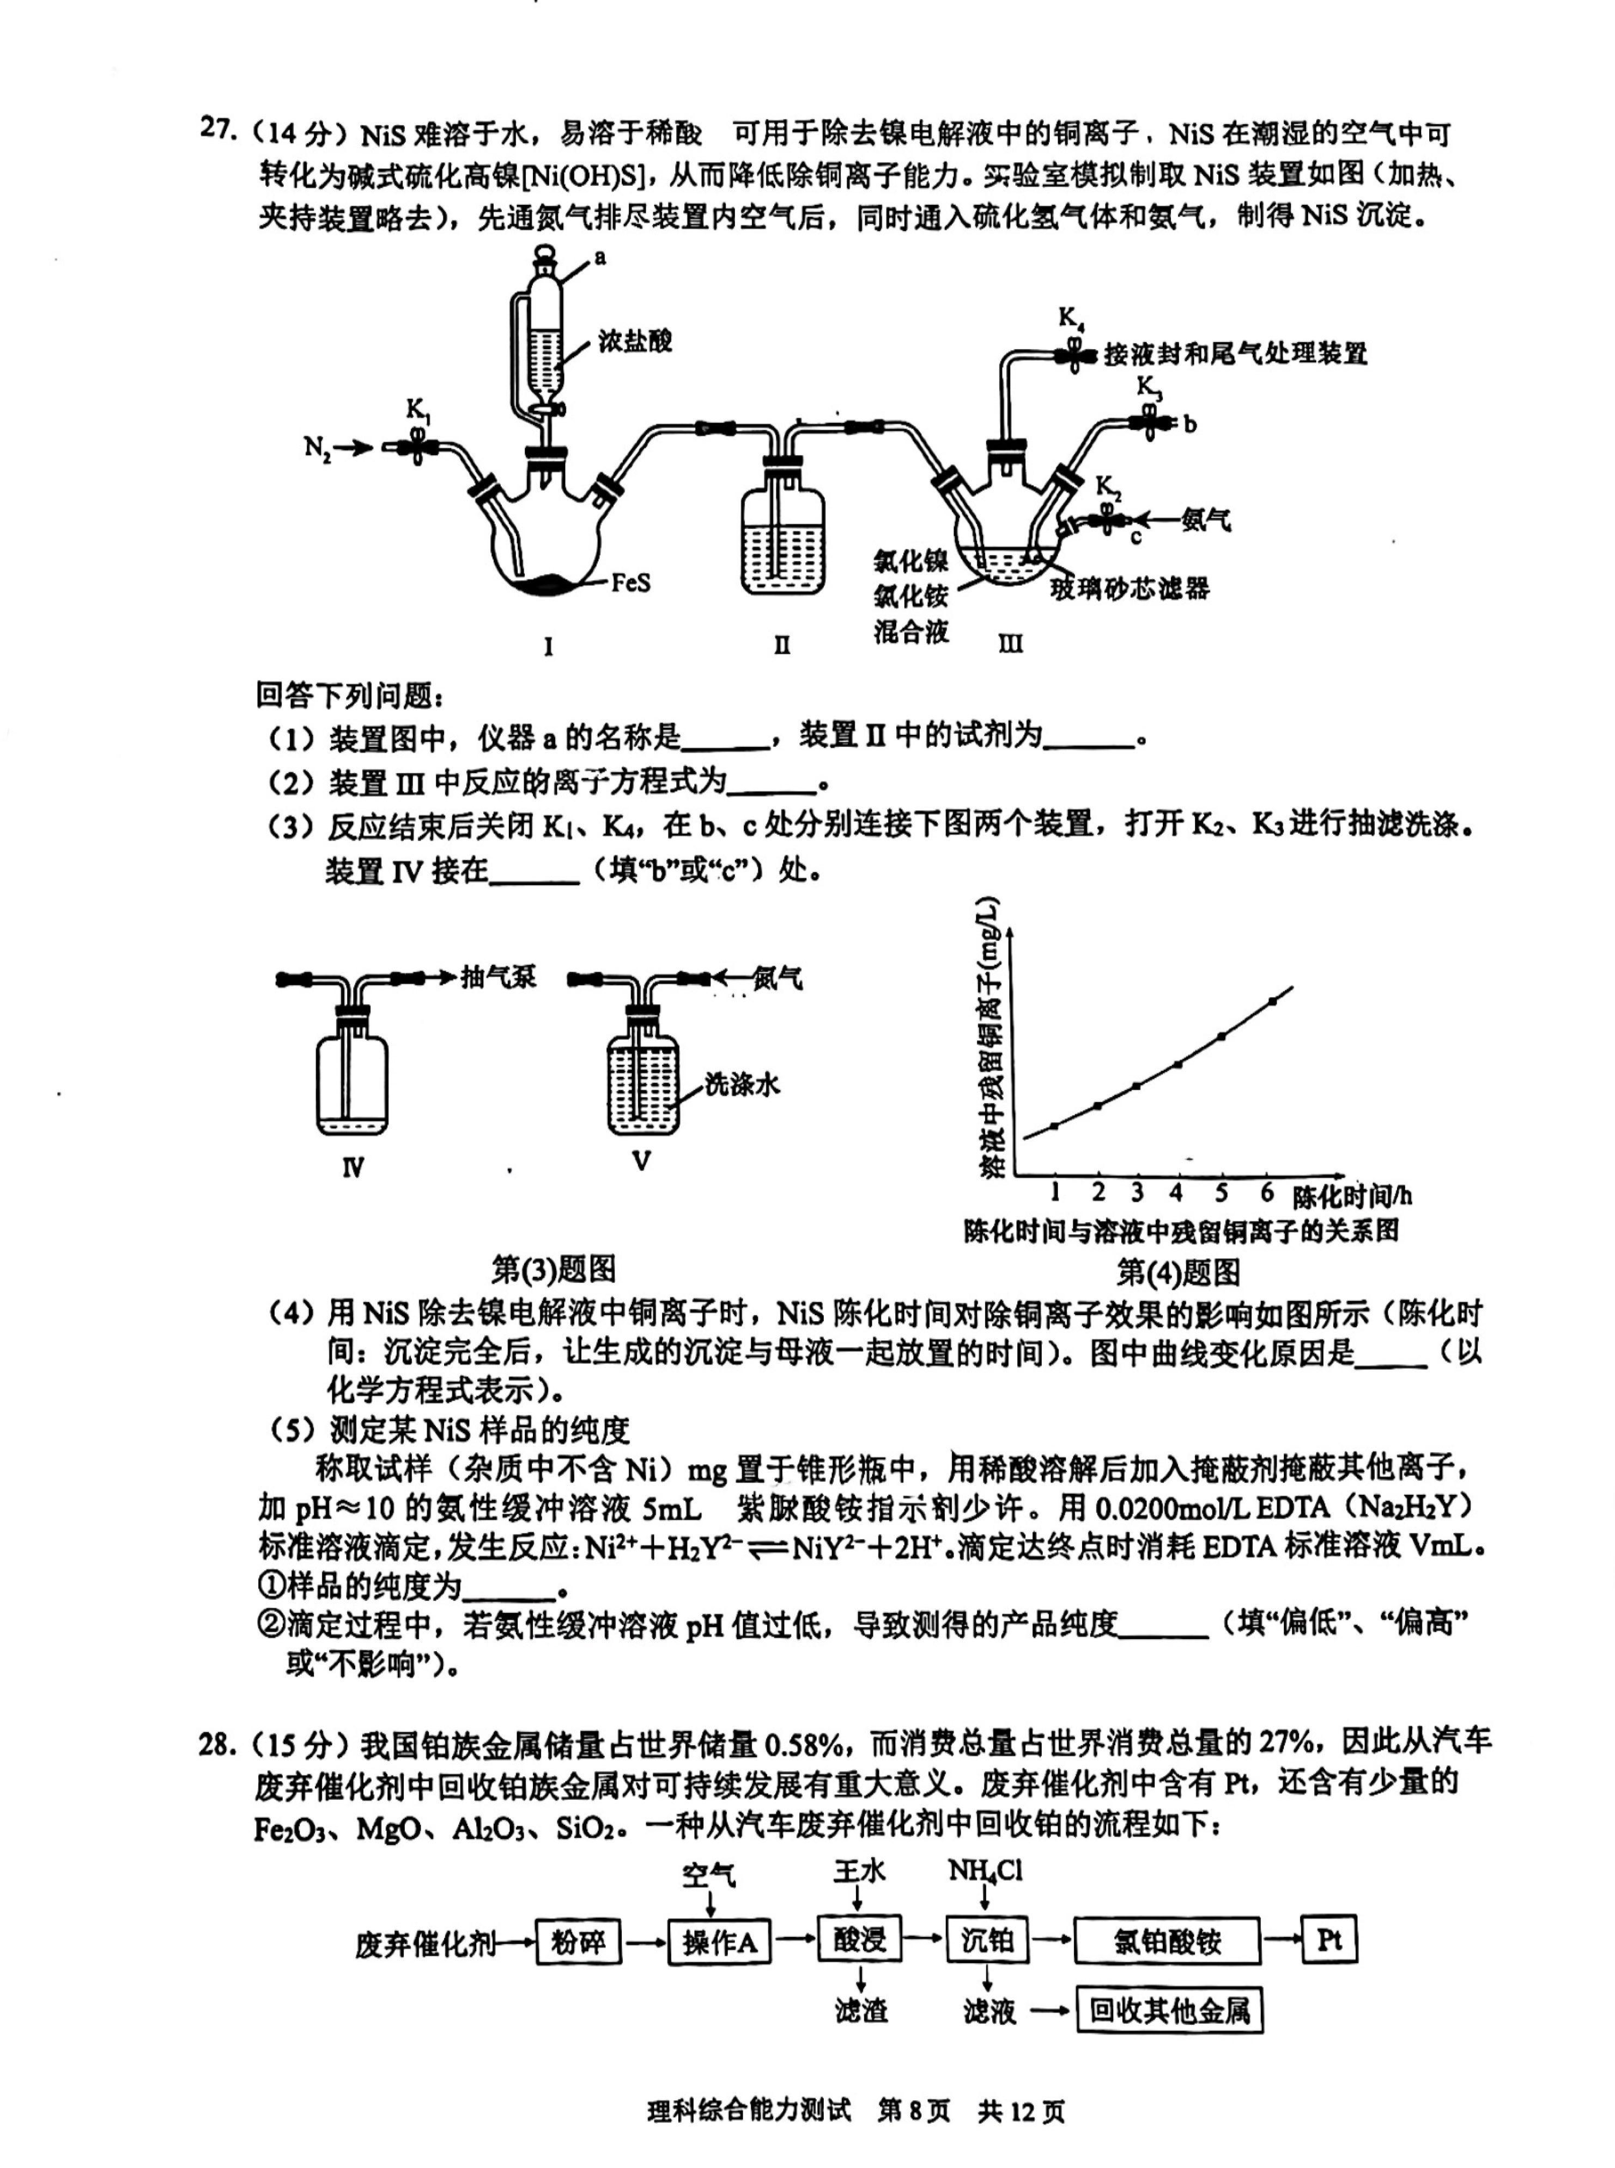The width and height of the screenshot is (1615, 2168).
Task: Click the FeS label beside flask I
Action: point(630,583)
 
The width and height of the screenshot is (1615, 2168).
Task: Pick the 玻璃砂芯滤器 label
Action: point(1129,588)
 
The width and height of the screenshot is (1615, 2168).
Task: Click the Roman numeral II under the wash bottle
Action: point(781,645)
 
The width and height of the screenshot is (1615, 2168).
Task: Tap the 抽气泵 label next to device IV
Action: point(499,977)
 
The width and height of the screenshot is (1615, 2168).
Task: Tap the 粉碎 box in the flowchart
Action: point(579,1941)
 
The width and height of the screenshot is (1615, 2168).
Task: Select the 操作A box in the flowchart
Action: point(720,1942)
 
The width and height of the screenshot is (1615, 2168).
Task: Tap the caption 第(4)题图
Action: point(1178,1272)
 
